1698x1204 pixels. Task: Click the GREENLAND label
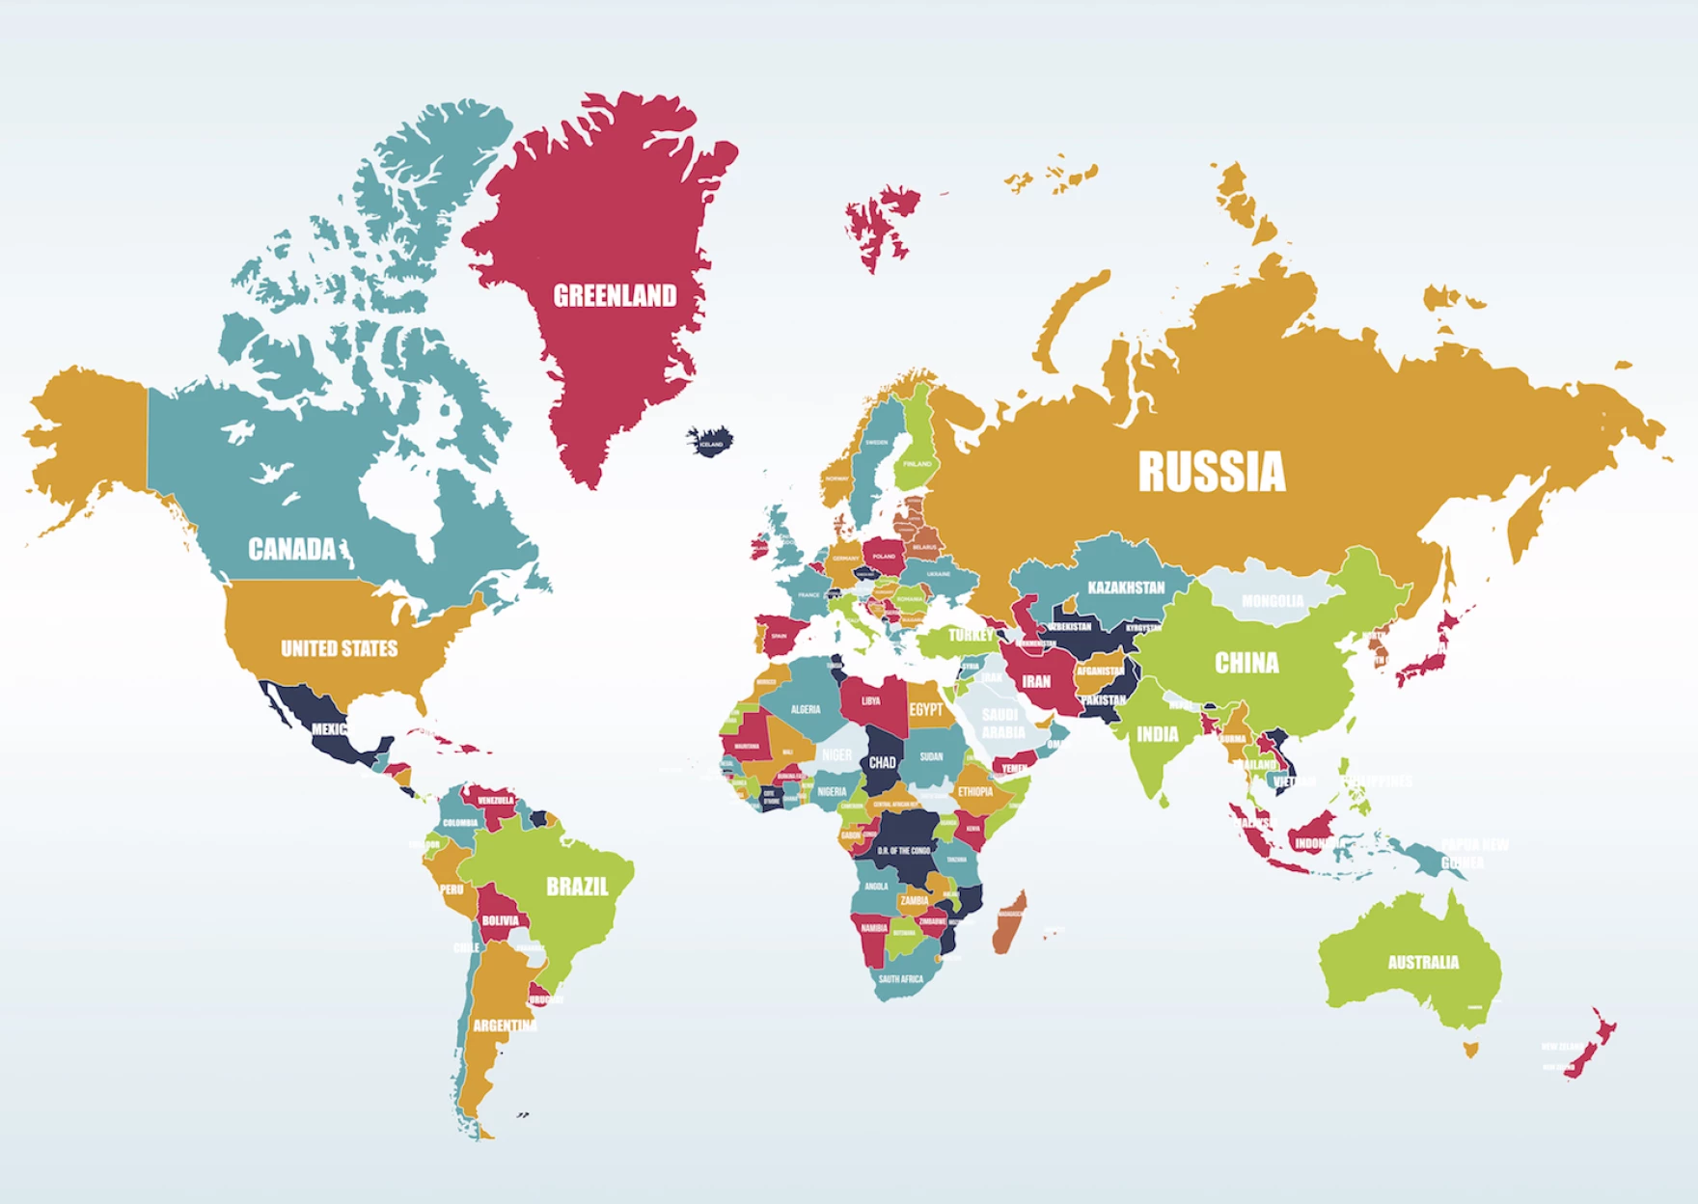(615, 295)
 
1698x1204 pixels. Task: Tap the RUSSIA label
(1212, 472)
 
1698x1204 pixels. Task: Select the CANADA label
(291, 549)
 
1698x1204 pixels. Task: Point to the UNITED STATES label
(339, 648)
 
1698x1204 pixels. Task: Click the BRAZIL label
(577, 887)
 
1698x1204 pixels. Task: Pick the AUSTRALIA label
(1423, 962)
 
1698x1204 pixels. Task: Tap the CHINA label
(1246, 663)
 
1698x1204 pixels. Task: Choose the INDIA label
(1157, 734)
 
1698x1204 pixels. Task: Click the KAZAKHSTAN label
(1126, 588)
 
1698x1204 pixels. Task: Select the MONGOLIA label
(1273, 601)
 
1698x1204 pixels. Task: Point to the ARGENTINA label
(505, 1026)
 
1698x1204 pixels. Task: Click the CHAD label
(882, 762)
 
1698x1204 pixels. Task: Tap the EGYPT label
(926, 710)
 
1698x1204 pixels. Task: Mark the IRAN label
(1036, 681)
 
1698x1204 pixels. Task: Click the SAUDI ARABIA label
(1001, 724)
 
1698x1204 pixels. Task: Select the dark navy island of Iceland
(710, 442)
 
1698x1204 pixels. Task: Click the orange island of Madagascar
(1009, 921)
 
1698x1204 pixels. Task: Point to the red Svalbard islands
(878, 227)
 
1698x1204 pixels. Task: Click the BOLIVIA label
(500, 920)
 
